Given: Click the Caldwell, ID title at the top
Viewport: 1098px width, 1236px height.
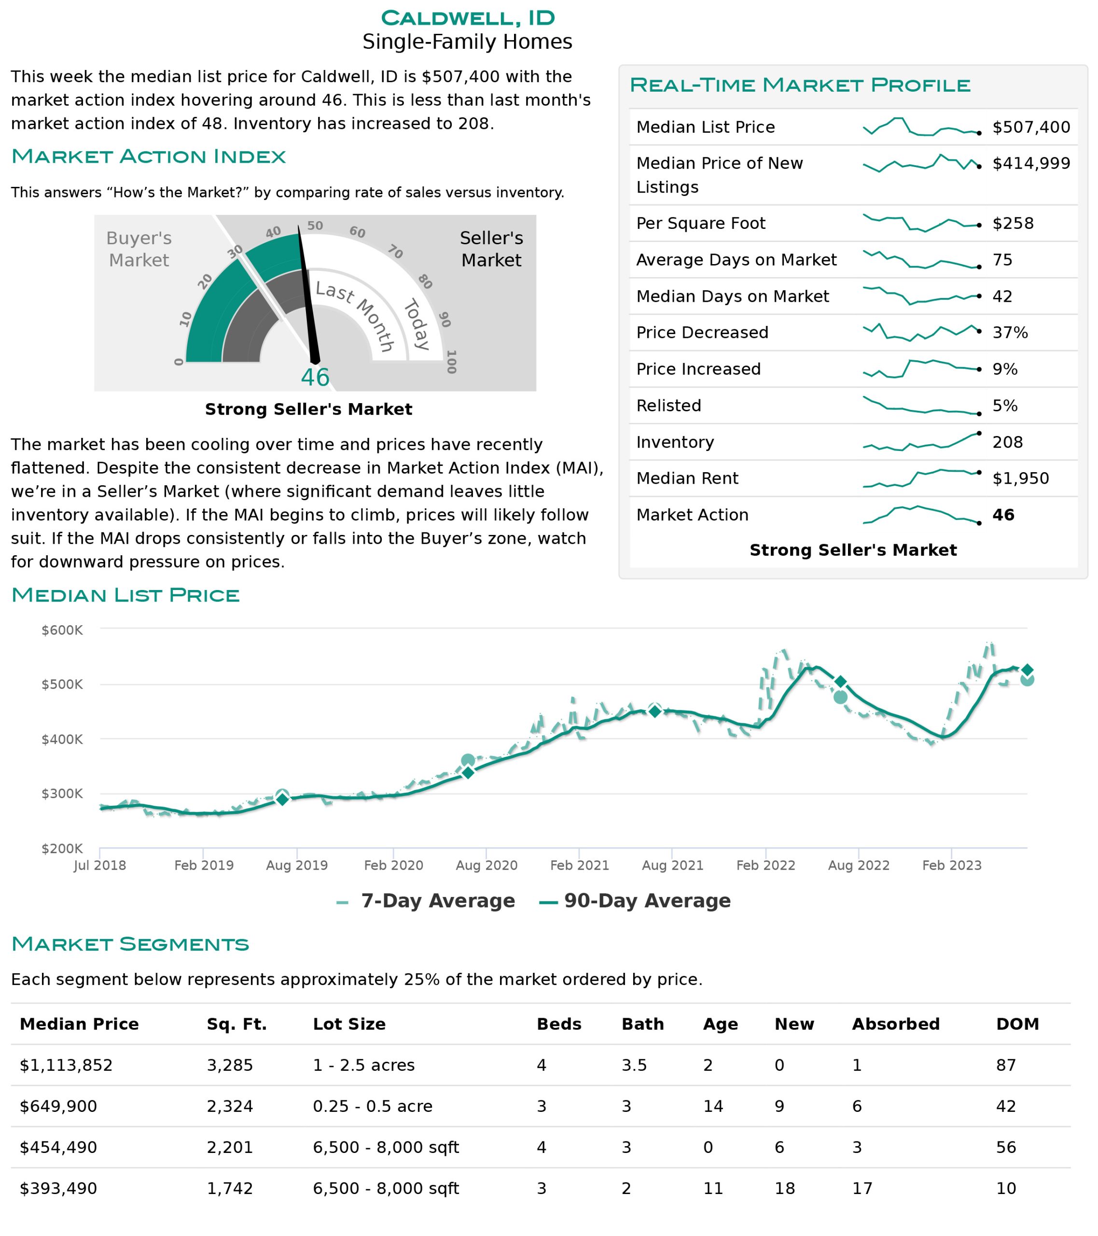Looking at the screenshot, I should [x=467, y=18].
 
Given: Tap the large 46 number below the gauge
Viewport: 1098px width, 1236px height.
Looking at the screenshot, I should [x=315, y=378].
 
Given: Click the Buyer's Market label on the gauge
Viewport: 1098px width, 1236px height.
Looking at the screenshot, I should [x=139, y=249].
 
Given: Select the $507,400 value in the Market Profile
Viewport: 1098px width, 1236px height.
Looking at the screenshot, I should [x=1031, y=127].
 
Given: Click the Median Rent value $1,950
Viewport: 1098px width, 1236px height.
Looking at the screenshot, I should [x=1021, y=478].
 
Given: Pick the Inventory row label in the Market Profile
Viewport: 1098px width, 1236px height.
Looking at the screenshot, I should [x=675, y=442].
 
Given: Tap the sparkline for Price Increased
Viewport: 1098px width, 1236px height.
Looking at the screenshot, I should [x=921, y=368].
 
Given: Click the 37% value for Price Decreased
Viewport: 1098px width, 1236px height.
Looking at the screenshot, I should [x=1010, y=333].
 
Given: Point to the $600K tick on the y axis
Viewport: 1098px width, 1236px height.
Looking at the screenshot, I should [x=62, y=630].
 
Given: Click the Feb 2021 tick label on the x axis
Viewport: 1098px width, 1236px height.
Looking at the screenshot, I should [x=579, y=865].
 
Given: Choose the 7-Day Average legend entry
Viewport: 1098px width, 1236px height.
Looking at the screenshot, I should [x=426, y=901].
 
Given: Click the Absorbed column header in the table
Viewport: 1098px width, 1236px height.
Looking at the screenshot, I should [x=895, y=1024].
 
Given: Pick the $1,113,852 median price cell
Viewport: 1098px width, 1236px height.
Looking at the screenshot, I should [x=66, y=1065].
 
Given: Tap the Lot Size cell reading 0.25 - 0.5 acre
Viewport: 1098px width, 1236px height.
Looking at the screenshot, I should [x=373, y=1106].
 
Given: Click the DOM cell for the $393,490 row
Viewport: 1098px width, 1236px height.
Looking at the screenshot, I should [x=1005, y=1188].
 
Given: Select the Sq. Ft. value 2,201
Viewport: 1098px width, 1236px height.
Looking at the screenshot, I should [x=230, y=1147].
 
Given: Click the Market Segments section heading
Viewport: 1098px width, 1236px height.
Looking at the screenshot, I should [x=130, y=944].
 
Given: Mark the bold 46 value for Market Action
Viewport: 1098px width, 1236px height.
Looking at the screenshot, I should [x=1003, y=515].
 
